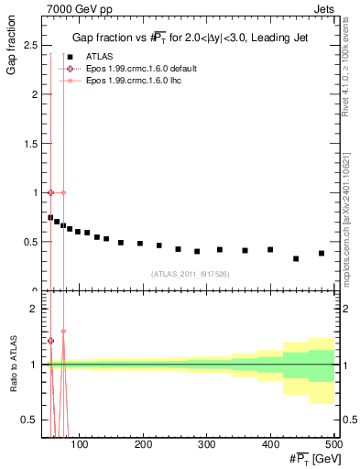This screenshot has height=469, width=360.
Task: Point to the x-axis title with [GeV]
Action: (311, 458)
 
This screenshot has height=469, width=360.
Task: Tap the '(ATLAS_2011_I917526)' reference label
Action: (190, 273)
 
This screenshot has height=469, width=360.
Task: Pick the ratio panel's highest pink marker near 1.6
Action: (63, 332)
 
